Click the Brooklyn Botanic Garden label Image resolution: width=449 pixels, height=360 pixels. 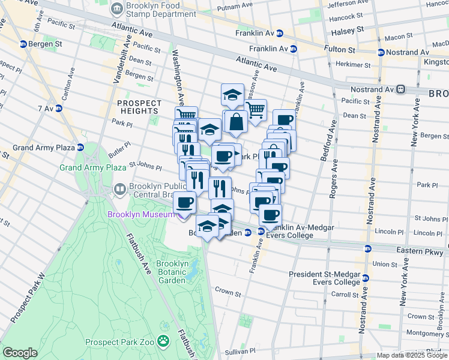tap(172, 271)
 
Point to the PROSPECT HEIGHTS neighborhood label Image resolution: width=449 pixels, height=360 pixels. tap(139, 107)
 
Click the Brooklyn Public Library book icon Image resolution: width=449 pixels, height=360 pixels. tap(120, 190)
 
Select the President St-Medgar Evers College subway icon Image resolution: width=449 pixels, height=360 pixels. tap(365, 278)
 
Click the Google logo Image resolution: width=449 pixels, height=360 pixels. tap(20, 353)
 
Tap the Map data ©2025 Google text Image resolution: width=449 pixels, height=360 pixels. tap(411, 355)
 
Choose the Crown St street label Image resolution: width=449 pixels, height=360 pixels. tap(228, 294)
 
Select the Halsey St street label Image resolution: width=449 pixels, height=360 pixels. tap(352, 29)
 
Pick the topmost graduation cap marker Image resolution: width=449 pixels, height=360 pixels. tap(232, 94)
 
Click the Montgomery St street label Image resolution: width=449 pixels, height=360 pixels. tap(424, 332)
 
